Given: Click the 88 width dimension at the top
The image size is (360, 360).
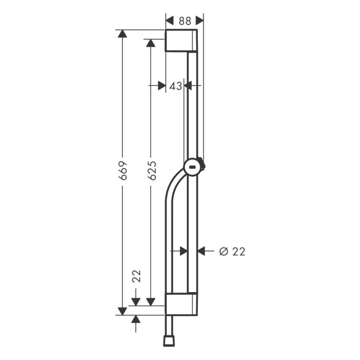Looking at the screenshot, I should tap(185, 21).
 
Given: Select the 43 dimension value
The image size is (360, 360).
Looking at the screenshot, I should tap(175, 86).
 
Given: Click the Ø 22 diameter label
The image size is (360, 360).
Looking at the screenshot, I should tap(232, 251).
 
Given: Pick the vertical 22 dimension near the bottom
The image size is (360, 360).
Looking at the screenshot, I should tap(136, 276).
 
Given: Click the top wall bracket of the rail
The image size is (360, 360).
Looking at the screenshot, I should tap(181, 41).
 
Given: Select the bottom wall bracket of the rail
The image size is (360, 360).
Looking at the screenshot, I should tap(181, 304).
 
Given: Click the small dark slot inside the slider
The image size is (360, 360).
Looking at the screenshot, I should tap(193, 167).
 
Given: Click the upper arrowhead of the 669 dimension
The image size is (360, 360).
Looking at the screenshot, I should tap(122, 34).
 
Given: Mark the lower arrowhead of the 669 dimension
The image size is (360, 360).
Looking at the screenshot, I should tap(122, 311).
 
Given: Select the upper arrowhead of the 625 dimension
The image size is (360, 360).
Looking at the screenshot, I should tap(151, 44).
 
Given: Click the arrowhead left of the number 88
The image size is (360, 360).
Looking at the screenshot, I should tap(170, 21).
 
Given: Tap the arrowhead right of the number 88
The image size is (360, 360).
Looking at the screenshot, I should tap(200, 21).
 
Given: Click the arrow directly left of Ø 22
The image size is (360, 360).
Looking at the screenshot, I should tap(202, 251).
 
